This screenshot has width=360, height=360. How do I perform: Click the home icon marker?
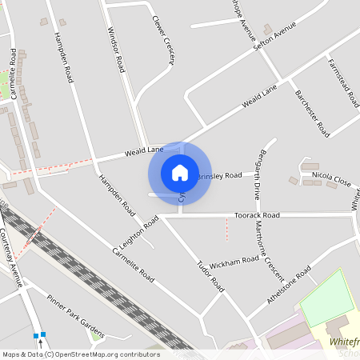coord(180,173)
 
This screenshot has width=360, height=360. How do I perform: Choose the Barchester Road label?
coord(312,113)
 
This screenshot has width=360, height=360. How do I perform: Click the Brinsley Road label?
coord(218,175)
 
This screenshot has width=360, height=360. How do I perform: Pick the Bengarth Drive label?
coord(258,174)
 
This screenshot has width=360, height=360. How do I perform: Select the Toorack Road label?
coord(256,216)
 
